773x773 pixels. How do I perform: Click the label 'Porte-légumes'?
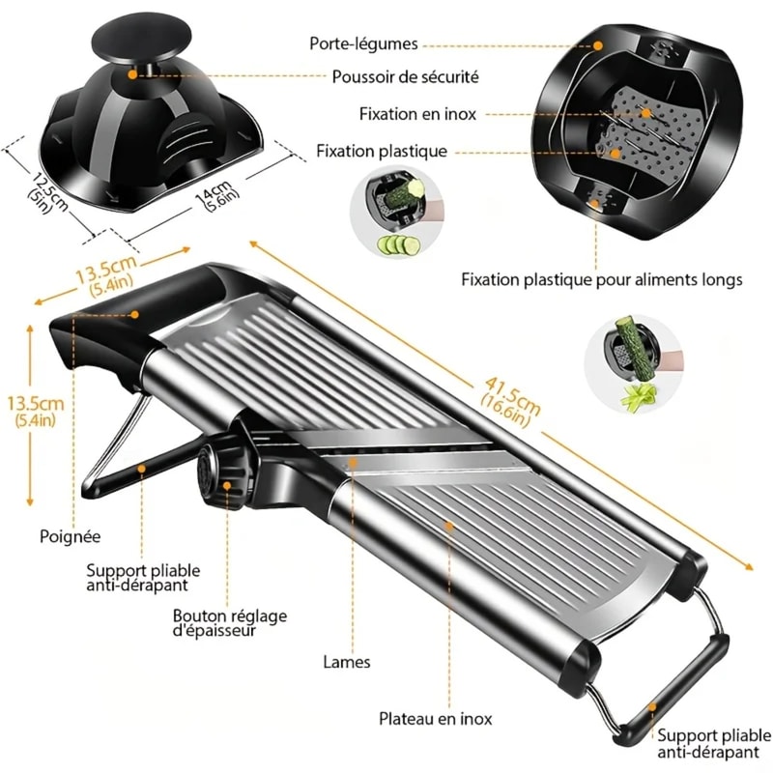tap(363, 44)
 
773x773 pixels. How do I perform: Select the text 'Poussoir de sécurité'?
tap(405, 76)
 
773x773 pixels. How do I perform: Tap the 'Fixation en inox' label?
tap(416, 113)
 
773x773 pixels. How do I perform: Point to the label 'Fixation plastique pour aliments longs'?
tap(601, 280)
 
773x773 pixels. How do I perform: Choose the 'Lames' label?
tap(347, 663)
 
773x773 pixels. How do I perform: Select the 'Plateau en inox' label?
tap(435, 719)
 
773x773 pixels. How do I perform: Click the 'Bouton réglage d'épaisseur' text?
tap(229, 623)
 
